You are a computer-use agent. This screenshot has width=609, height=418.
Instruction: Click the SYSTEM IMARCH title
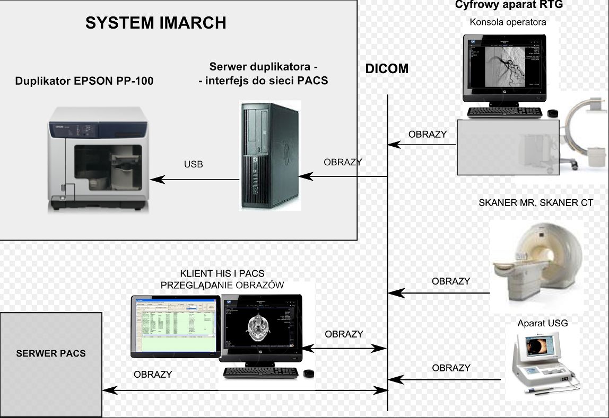point(155,23)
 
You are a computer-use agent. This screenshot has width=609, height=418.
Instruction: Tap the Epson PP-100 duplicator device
point(98,159)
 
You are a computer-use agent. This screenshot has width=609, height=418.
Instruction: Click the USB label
point(193,164)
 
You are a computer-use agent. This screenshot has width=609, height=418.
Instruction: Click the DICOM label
point(387,69)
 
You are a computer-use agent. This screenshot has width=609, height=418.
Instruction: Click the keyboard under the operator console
point(504,112)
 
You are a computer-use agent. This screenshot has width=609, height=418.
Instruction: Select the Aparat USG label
point(538,323)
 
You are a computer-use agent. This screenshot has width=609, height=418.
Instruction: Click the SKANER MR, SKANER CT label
point(535,203)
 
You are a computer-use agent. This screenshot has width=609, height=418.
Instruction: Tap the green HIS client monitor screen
point(175,326)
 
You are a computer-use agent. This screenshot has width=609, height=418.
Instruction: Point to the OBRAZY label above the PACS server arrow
point(153,374)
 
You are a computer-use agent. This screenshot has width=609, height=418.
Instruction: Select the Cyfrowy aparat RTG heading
point(509,5)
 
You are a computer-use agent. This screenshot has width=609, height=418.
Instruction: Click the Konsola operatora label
point(508,22)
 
